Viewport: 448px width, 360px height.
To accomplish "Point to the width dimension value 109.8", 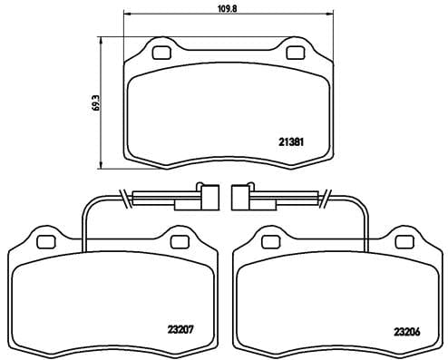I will coord(227,8).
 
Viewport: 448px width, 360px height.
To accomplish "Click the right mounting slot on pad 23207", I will coord(179,240).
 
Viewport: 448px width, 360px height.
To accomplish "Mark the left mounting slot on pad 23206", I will coord(268,240).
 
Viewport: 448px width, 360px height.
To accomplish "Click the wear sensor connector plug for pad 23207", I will coord(208,196).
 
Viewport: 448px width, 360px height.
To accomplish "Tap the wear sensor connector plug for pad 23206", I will coord(242,196).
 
